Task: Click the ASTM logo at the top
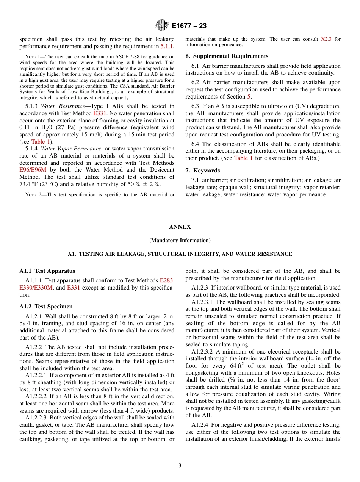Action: pyautogui.click(x=162, y=26)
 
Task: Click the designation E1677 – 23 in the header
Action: pyautogui.click(x=189, y=26)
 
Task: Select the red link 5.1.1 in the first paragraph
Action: pyautogui.click(x=167, y=46)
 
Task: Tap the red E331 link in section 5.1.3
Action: pyautogui.click(x=100, y=113)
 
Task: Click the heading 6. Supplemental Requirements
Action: pyautogui.click(x=227, y=56)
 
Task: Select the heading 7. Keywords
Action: pyautogui.click(x=202, y=171)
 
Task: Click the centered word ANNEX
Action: pyautogui.click(x=180, y=227)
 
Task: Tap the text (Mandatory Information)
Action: pyautogui.click(x=180, y=241)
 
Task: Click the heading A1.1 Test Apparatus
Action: pyautogui.click(x=47, y=271)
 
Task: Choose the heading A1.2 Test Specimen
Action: pyautogui.click(x=46, y=307)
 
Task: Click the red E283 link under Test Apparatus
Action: pyautogui.click(x=166, y=280)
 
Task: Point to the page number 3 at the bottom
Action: pyautogui.click(x=180, y=465)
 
